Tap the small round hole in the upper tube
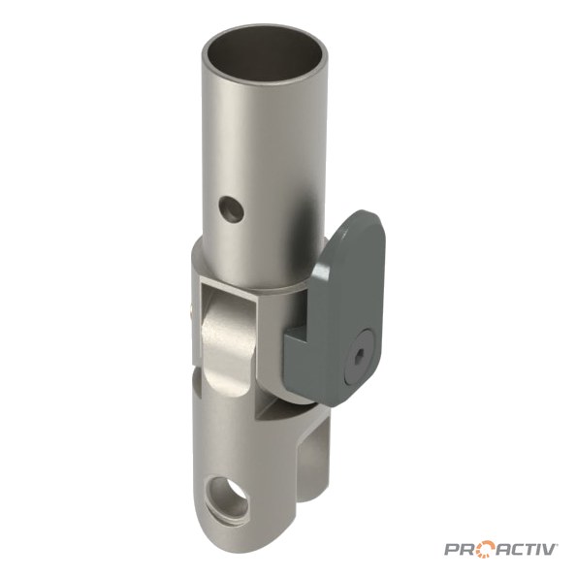click(x=231, y=209)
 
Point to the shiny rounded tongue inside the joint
click(x=228, y=349)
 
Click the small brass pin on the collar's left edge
click(x=191, y=314)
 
